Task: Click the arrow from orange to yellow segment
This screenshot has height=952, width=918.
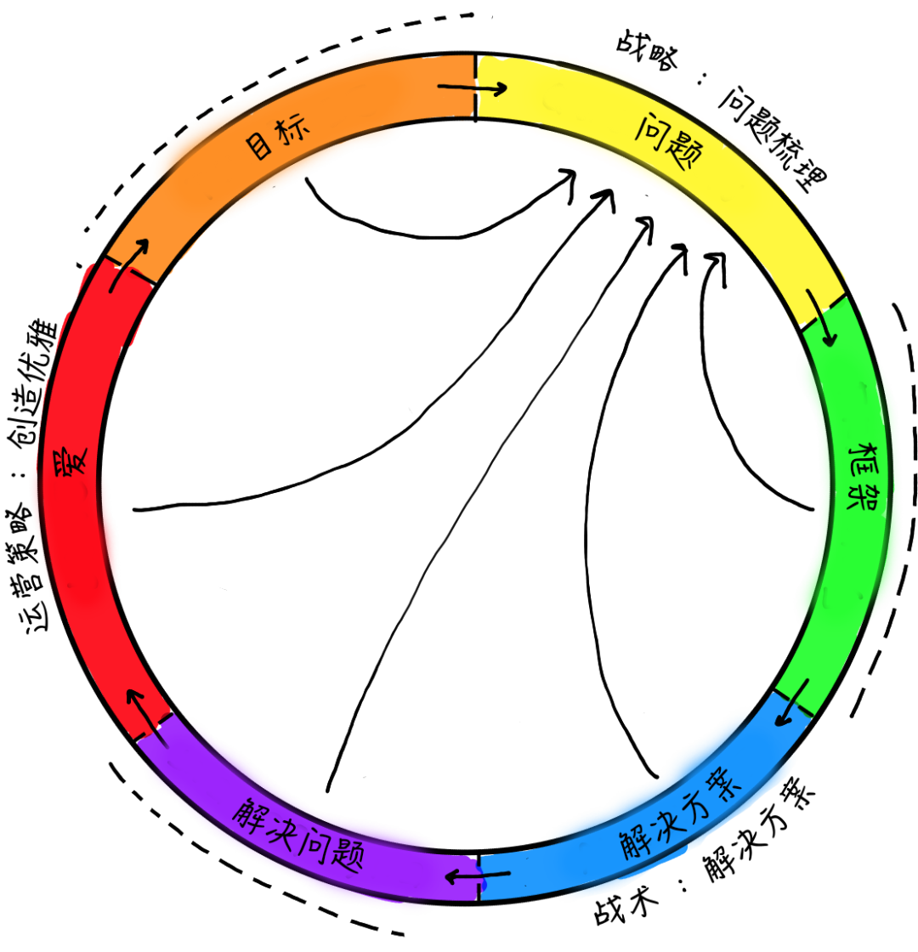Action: [x=473, y=88]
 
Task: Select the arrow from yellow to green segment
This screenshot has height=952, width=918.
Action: [x=821, y=317]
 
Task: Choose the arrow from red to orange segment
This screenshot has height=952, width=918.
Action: [x=129, y=264]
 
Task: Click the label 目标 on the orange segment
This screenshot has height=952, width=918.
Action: [x=277, y=137]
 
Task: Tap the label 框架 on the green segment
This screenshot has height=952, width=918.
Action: [x=862, y=477]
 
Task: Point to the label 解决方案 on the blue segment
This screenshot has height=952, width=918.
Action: [x=681, y=816]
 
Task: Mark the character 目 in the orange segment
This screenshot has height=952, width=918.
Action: [x=258, y=146]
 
